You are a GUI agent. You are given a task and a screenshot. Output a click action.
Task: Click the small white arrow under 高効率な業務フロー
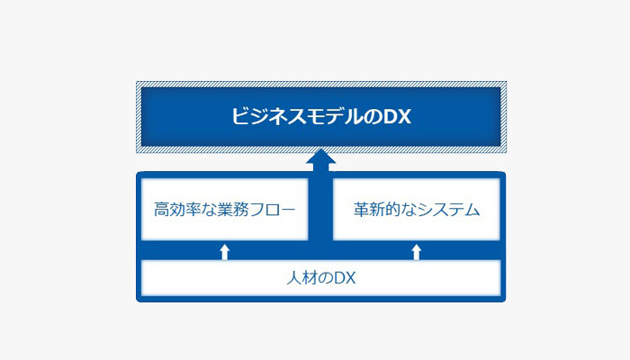[225, 252]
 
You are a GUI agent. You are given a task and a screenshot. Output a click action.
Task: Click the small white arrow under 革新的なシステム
[416, 252]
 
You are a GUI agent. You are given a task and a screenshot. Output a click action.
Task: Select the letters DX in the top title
[396, 116]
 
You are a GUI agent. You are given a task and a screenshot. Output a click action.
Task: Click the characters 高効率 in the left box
[177, 210]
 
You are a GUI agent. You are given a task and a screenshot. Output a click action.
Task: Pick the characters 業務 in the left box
[233, 210]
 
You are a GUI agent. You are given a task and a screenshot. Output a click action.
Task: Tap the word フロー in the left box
[273, 210]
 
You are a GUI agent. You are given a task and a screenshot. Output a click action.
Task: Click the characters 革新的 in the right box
[377, 210]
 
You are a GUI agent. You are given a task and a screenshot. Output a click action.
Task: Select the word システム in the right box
[448, 210]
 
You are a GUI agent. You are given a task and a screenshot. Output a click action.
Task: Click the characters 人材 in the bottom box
[302, 278]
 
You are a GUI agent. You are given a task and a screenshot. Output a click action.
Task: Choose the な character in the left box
[210, 210]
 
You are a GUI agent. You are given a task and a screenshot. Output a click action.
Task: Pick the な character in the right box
[409, 210]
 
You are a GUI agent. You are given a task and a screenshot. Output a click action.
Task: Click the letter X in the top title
[403, 116]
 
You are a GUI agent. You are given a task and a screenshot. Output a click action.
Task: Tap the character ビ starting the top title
[239, 116]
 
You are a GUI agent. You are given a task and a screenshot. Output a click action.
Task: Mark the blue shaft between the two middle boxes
[320, 206]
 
